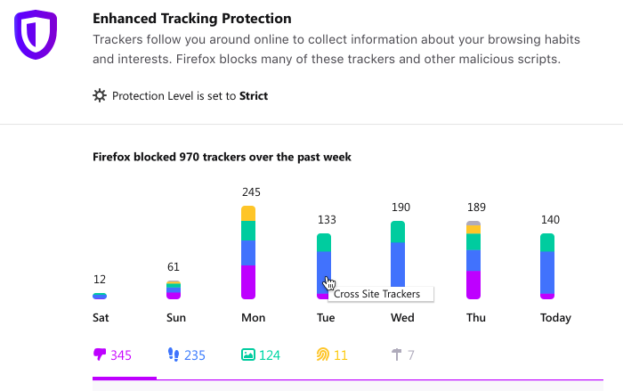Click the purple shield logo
36,35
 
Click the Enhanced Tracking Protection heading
191,19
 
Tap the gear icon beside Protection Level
100,95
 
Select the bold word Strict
252,96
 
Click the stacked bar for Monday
248,253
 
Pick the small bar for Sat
100,296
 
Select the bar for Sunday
174,289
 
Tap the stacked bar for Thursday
473,260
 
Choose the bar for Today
547,266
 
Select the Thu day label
476,318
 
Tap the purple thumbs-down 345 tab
113,355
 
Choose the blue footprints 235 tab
186,355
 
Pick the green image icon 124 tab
260,355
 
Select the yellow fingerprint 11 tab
332,355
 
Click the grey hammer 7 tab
402,355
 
